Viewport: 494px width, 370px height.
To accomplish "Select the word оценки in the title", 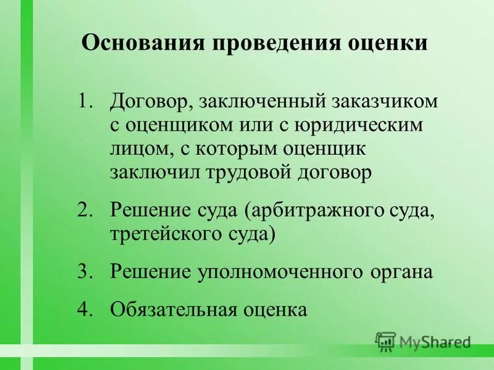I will (x=388, y=44).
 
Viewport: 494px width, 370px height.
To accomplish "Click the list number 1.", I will (x=85, y=101).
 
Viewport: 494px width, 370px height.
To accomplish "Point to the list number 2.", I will (x=85, y=209).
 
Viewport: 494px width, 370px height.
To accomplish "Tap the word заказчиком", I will (x=381, y=101).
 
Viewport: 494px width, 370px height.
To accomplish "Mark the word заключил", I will (x=153, y=174).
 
